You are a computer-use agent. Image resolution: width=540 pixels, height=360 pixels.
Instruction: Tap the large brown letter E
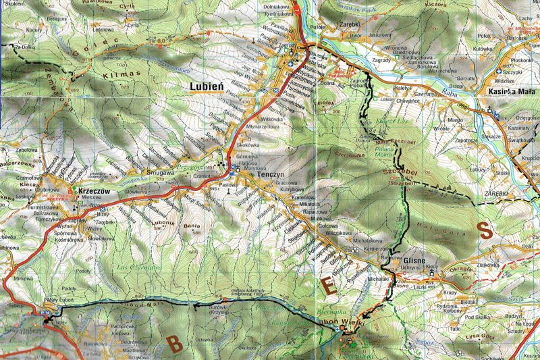pyautogui.click(x=329, y=286)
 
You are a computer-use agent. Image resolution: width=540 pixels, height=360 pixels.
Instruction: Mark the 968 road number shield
pyautogui.click(x=463, y=105)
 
